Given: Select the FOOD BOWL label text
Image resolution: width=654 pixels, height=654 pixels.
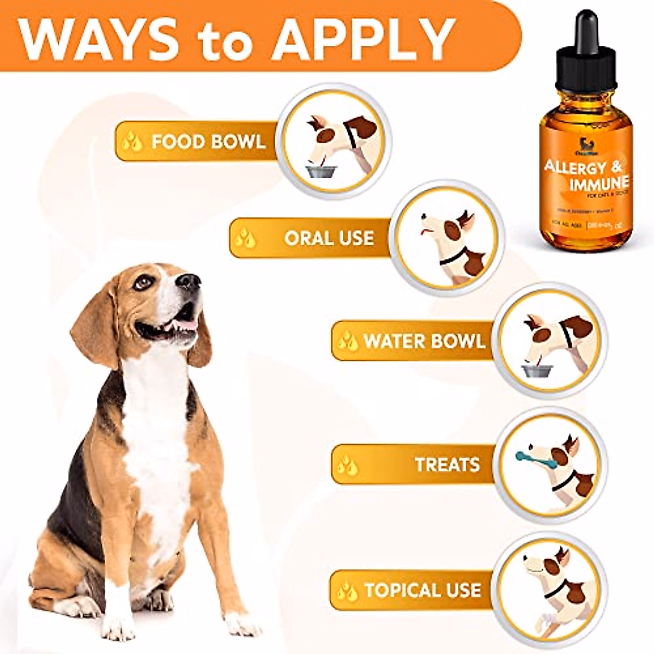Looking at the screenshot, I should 209,142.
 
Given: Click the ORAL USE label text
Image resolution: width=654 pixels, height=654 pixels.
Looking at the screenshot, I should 329,238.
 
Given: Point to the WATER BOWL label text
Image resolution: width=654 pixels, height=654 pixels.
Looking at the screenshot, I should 424,341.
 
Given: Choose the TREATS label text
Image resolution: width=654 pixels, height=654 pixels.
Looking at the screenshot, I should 447,464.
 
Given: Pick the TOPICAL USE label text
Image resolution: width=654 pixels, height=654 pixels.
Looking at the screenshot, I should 423,590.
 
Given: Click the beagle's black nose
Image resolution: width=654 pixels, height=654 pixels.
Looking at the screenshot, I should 189,281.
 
